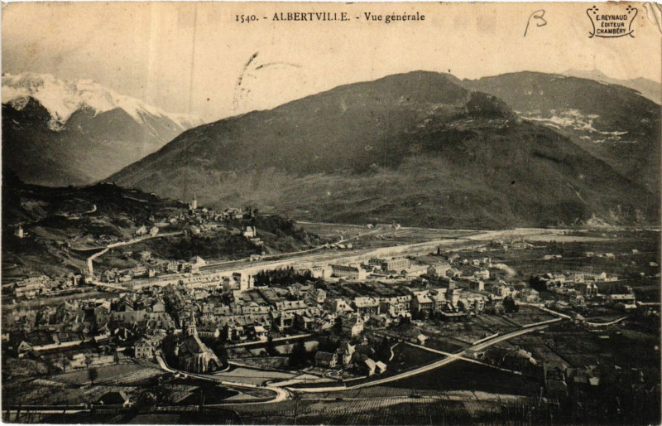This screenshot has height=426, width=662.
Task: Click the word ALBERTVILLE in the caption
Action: (310, 17)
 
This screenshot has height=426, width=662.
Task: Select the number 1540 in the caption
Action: (246, 17)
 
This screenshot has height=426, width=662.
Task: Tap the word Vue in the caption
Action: (376, 17)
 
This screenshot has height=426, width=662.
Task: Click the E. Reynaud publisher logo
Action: (612, 22)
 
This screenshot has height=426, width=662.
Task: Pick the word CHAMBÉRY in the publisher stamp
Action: (612, 31)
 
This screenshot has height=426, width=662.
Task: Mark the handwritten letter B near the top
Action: (535, 22)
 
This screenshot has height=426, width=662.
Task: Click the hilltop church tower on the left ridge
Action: (194, 201)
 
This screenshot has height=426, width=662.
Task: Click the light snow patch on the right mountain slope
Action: (571, 122)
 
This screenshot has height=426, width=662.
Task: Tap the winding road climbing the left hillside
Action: (116, 245)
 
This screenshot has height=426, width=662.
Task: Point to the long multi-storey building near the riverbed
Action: (348, 271)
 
